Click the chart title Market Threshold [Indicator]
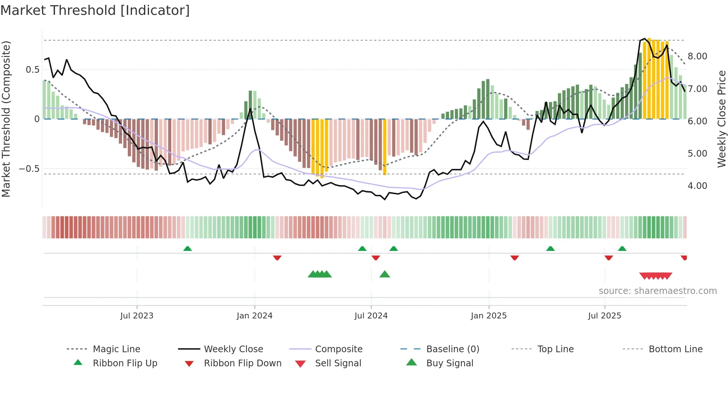coord(95,10)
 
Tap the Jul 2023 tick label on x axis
coord(137,316)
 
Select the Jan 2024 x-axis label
coord(254,316)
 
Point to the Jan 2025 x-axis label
coord(488,316)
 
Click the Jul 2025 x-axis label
coord(604,316)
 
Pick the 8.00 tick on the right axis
coord(697,56)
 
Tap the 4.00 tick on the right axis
coord(697,186)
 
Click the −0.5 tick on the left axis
coord(29,169)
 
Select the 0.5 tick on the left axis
coord(32,70)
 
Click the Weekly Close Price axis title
coord(721,119)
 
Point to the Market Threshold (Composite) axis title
coord(6,119)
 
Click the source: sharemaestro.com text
coord(657,291)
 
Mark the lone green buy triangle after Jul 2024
coord(384,275)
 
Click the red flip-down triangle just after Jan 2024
coord(277,258)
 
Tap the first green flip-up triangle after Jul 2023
coord(188,249)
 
